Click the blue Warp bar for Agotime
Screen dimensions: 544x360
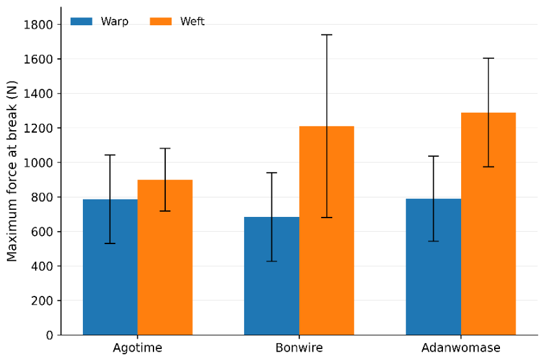click(110, 267)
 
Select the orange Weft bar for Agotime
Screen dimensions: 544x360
click(165, 257)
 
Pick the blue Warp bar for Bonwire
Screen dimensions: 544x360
click(271, 276)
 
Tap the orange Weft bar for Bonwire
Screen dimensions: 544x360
click(327, 231)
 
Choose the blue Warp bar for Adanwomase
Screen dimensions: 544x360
click(433, 267)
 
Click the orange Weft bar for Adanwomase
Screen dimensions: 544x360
click(488, 223)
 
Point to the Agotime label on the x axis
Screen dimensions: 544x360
click(137, 348)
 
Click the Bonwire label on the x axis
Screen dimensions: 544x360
click(299, 348)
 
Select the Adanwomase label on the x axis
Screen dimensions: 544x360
click(460, 348)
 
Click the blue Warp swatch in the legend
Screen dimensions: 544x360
click(82, 21)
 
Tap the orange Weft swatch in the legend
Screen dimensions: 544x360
click(161, 21)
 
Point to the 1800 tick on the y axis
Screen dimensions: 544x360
click(60, 25)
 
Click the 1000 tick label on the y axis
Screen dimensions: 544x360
click(38, 163)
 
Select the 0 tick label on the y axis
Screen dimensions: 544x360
click(49, 335)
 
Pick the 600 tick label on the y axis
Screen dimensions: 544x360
click(41, 232)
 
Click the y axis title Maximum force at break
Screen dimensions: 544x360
click(12, 171)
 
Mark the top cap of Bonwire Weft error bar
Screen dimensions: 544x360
click(327, 35)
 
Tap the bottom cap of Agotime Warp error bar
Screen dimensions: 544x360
click(110, 243)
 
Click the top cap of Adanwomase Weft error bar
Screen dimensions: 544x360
click(488, 58)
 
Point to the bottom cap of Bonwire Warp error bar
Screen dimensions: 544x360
click(271, 261)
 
